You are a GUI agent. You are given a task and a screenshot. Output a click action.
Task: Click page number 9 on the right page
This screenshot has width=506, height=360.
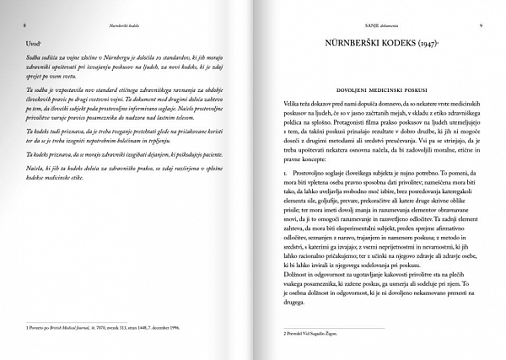(480, 26)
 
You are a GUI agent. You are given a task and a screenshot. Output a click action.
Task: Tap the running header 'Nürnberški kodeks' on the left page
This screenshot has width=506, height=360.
(127, 26)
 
